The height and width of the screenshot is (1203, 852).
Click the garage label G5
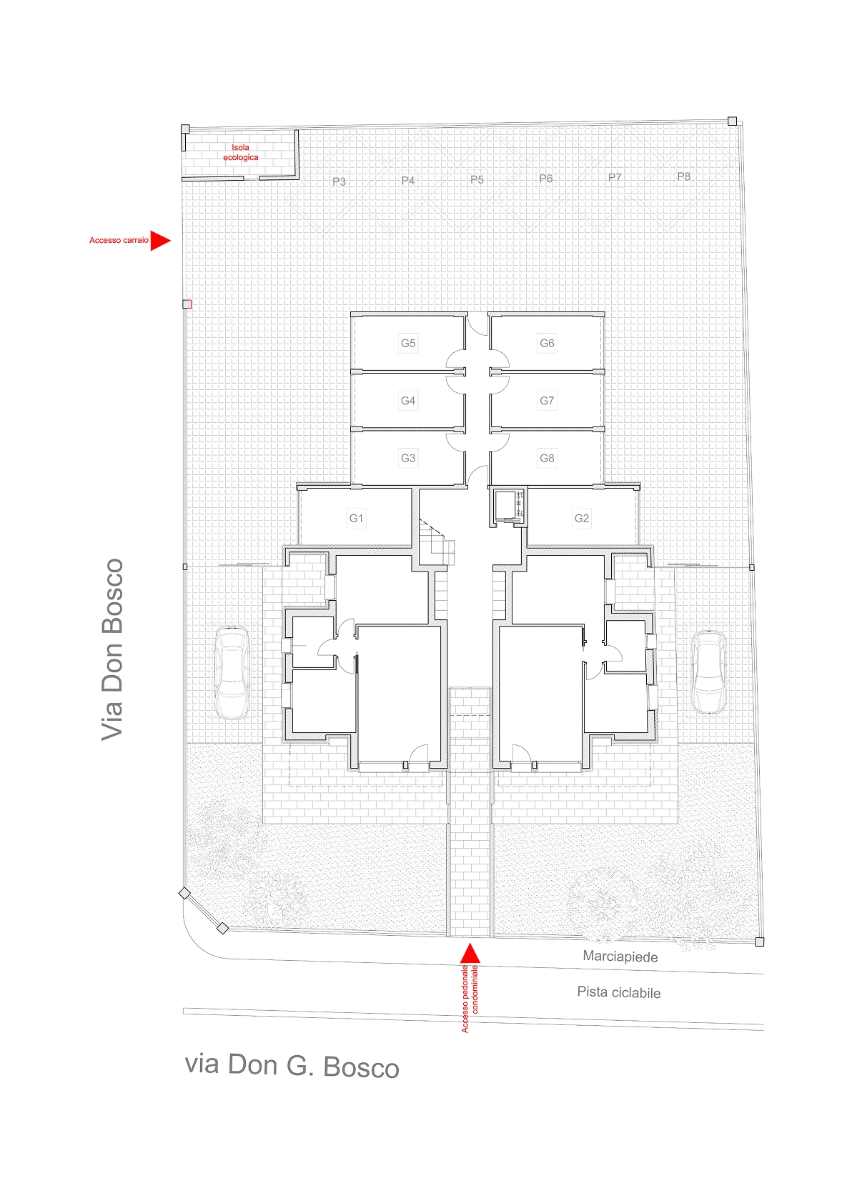[407, 343]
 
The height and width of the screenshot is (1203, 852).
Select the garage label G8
[547, 458]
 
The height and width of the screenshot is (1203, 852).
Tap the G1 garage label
[356, 518]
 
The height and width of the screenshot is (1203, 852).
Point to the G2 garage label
[582, 518]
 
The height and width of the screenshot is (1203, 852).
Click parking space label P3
[339, 181]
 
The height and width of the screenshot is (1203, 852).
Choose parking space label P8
[684, 176]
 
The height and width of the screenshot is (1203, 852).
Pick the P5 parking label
[477, 179]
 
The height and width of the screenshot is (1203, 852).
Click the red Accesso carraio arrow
[160, 241]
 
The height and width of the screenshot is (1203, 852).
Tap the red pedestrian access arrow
[470, 953]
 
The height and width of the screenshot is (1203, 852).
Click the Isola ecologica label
[241, 152]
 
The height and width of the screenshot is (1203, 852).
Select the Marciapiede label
[620, 957]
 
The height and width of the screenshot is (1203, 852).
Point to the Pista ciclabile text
[619, 992]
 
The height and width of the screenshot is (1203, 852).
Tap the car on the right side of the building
[709, 672]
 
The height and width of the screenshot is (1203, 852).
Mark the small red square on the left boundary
[187, 304]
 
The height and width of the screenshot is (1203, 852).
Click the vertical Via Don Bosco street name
[112, 650]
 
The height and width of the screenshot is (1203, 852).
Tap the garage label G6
[547, 343]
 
